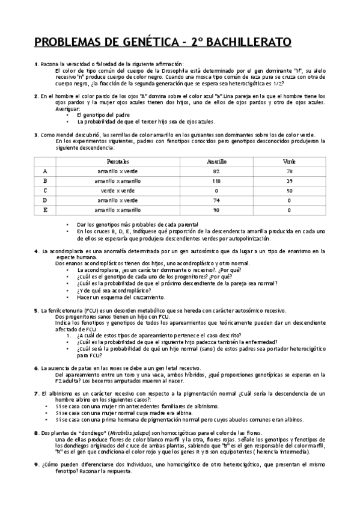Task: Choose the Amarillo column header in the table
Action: click(216, 162)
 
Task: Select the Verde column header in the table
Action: click(289, 162)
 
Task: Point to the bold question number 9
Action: click(36, 465)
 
